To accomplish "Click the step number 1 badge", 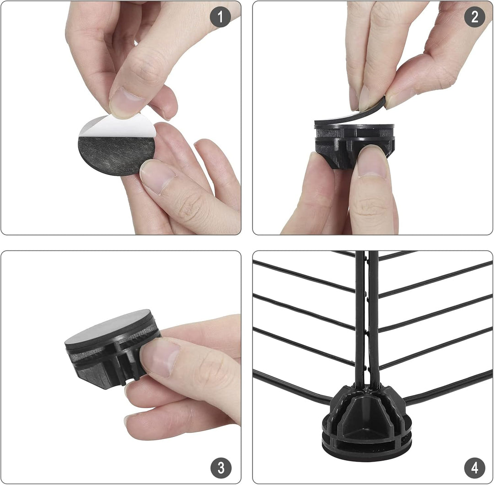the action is pyautogui.click(x=220, y=17).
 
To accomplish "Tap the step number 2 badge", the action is pyautogui.click(x=474, y=17).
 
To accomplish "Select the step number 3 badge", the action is pyautogui.click(x=221, y=467).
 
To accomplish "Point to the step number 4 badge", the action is pyautogui.click(x=475, y=467).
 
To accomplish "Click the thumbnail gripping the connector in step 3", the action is pyautogui.click(x=160, y=357).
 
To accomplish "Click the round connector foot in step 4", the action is pyautogui.click(x=367, y=419).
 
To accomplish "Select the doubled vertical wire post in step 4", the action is pyautogui.click(x=367, y=318).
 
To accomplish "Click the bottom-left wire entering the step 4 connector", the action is pyautogui.click(x=291, y=388).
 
